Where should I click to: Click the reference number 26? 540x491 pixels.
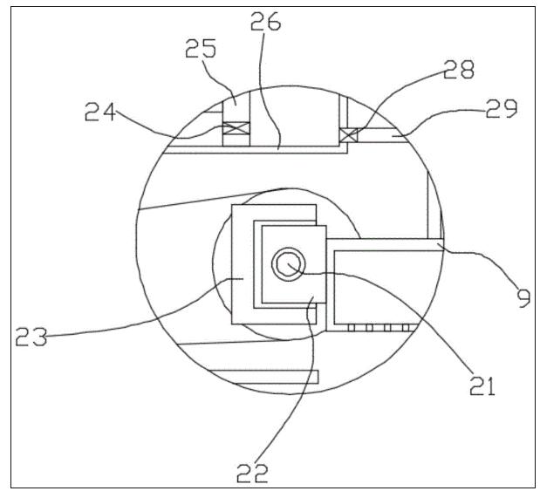pos(265,21)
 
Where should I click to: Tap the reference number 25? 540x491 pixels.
pos(201,48)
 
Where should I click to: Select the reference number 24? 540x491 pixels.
pos(99,112)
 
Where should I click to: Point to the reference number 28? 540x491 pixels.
pos(458,69)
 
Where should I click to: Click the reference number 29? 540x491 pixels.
pos(502,108)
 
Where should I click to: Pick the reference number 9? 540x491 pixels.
pos(523,298)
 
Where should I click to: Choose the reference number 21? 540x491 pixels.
pos(482,385)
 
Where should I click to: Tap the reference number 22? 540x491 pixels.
pos(252,473)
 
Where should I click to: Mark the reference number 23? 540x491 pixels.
pos(31,337)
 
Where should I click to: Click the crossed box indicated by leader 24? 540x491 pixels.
pos(236,127)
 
